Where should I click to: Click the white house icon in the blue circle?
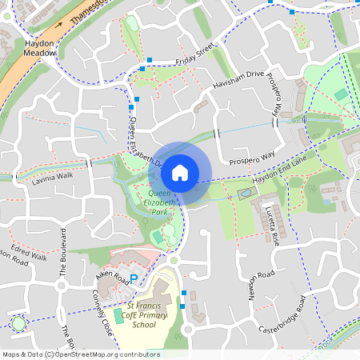coord(180,172)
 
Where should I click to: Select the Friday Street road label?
coord(196,53)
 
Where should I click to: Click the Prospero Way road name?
coord(251,161)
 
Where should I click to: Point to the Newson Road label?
coord(255,286)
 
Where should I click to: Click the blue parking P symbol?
coord(134,278)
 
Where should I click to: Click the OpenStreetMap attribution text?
coord(81,354)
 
